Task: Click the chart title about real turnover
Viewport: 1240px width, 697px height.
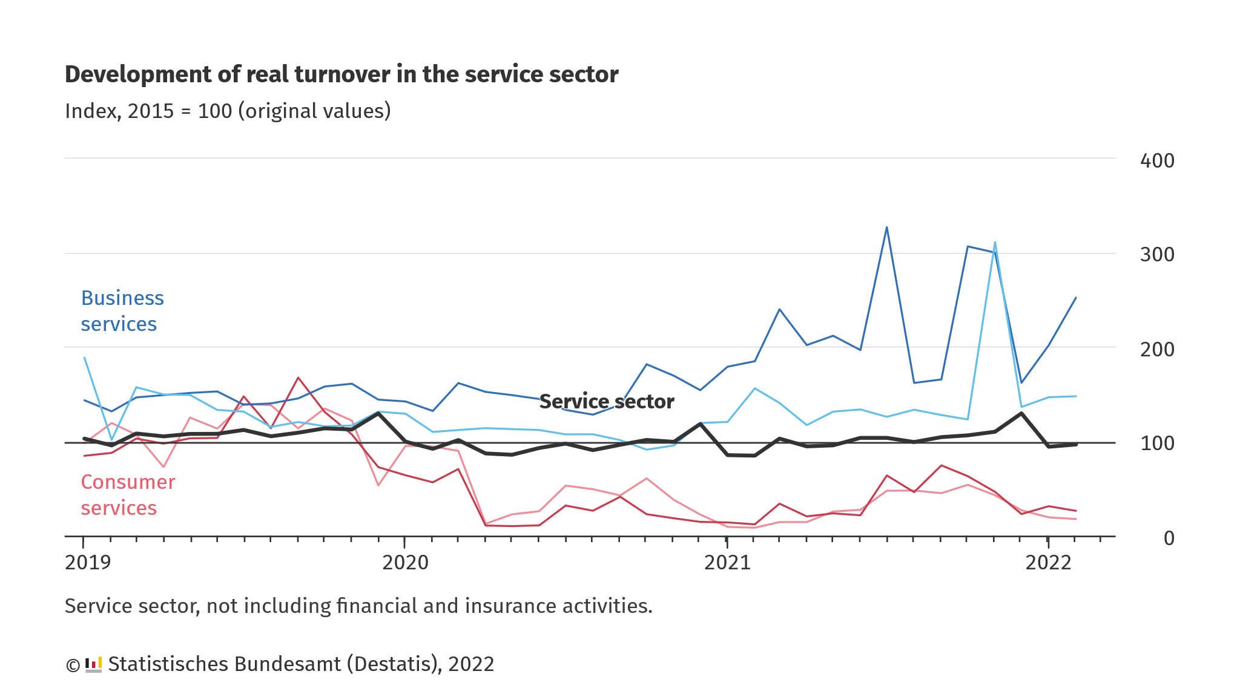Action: (341, 74)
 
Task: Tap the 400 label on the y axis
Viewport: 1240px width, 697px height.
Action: (1156, 161)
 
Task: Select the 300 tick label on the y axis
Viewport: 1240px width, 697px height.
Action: (1156, 255)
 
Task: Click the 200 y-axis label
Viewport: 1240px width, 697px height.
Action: (1156, 349)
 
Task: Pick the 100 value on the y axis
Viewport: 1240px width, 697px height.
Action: (1156, 443)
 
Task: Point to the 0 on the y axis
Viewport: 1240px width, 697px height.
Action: (1169, 538)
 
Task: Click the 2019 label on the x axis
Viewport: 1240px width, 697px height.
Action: (88, 563)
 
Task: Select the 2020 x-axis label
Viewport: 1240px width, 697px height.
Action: (405, 563)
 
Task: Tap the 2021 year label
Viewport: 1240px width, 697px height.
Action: (727, 563)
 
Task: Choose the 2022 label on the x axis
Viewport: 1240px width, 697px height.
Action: (1048, 563)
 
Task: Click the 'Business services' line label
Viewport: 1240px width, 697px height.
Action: (122, 311)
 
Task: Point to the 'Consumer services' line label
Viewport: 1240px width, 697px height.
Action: (128, 495)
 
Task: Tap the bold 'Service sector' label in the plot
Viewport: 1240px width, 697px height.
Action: (607, 402)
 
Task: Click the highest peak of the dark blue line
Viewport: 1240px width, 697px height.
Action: (886, 227)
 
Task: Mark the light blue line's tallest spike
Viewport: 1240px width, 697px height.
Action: (995, 243)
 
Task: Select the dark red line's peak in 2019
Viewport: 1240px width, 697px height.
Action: (298, 378)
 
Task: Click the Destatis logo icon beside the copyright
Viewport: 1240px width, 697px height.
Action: (93, 664)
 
